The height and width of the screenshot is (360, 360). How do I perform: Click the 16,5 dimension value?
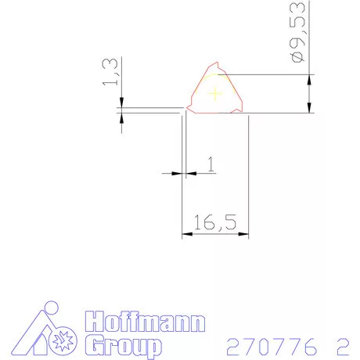215,222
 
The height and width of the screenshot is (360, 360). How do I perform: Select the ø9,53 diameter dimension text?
297,32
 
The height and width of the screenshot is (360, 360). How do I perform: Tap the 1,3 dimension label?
110,71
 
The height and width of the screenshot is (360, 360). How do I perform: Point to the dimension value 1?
211,164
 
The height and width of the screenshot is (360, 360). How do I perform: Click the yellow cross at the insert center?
215,93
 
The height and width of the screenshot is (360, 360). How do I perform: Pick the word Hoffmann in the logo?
145,322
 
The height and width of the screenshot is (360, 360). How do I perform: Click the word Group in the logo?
123,347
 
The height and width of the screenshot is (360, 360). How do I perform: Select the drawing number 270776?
272,347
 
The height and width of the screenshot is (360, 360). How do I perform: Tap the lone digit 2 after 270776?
343,347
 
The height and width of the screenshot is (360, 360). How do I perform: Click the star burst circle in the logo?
63,341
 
